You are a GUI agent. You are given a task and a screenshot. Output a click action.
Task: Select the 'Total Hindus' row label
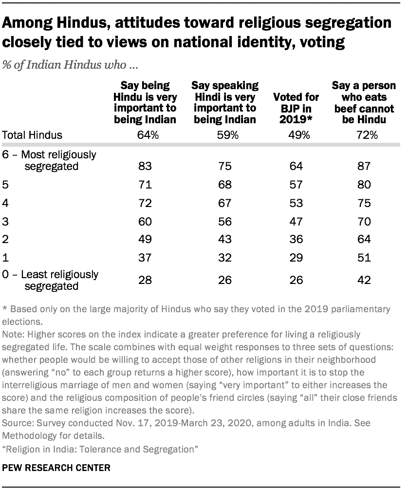[33, 135]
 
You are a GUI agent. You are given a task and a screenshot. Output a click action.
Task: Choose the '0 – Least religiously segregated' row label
[50, 280]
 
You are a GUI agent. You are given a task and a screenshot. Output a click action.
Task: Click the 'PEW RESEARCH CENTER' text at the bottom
[56, 468]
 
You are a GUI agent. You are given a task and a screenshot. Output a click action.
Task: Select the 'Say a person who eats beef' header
[363, 103]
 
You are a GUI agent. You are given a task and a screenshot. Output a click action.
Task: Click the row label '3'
[6, 221]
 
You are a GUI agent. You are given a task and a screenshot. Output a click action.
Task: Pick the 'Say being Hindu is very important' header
[142, 103]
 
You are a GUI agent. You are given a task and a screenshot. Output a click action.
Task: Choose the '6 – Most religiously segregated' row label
[50, 160]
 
